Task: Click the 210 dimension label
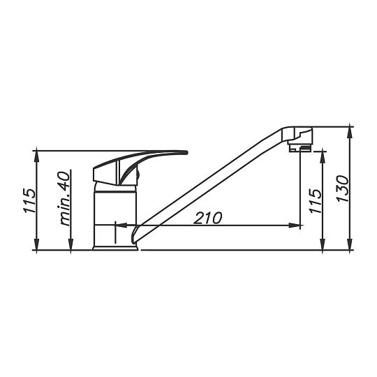209,217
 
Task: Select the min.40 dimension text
65,199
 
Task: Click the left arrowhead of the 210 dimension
117,226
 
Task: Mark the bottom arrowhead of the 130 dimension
350,245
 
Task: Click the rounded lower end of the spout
138,237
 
